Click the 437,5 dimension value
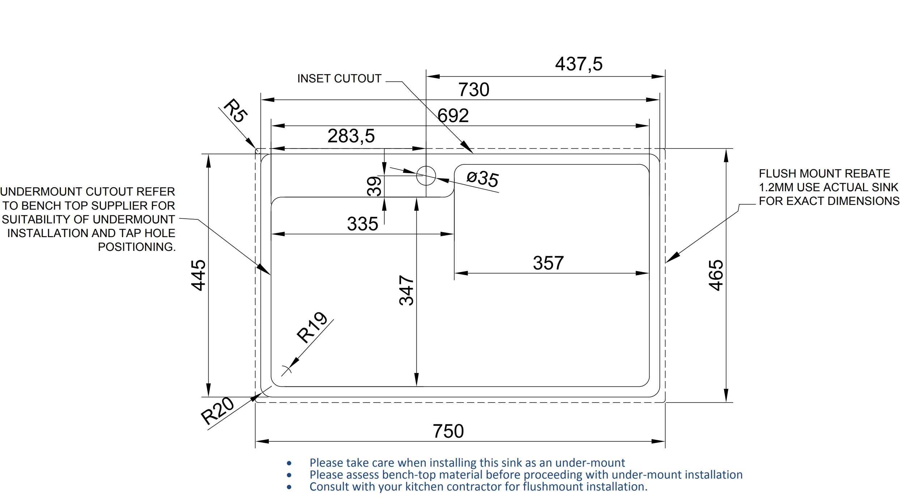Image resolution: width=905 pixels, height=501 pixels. (579, 64)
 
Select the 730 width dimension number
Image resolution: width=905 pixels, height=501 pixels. (473, 90)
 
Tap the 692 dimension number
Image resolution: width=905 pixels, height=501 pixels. (453, 116)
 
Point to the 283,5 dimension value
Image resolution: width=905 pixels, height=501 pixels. (351, 136)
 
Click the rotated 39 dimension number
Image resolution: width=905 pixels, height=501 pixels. (374, 186)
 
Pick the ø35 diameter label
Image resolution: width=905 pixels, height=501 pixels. (483, 179)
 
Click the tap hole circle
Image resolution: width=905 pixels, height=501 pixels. (426, 176)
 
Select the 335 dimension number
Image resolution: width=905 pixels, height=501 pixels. (362, 224)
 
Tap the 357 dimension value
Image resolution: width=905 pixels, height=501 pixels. (548, 263)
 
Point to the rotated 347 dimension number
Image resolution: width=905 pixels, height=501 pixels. (406, 290)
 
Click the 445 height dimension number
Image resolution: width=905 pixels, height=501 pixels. (198, 275)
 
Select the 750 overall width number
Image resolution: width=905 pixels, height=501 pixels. (448, 431)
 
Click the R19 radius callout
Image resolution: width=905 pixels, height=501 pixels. (312, 327)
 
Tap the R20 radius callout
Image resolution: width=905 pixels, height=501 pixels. (218, 411)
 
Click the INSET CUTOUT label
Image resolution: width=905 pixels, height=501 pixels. (339, 78)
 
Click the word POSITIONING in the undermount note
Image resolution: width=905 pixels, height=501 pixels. (136, 247)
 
